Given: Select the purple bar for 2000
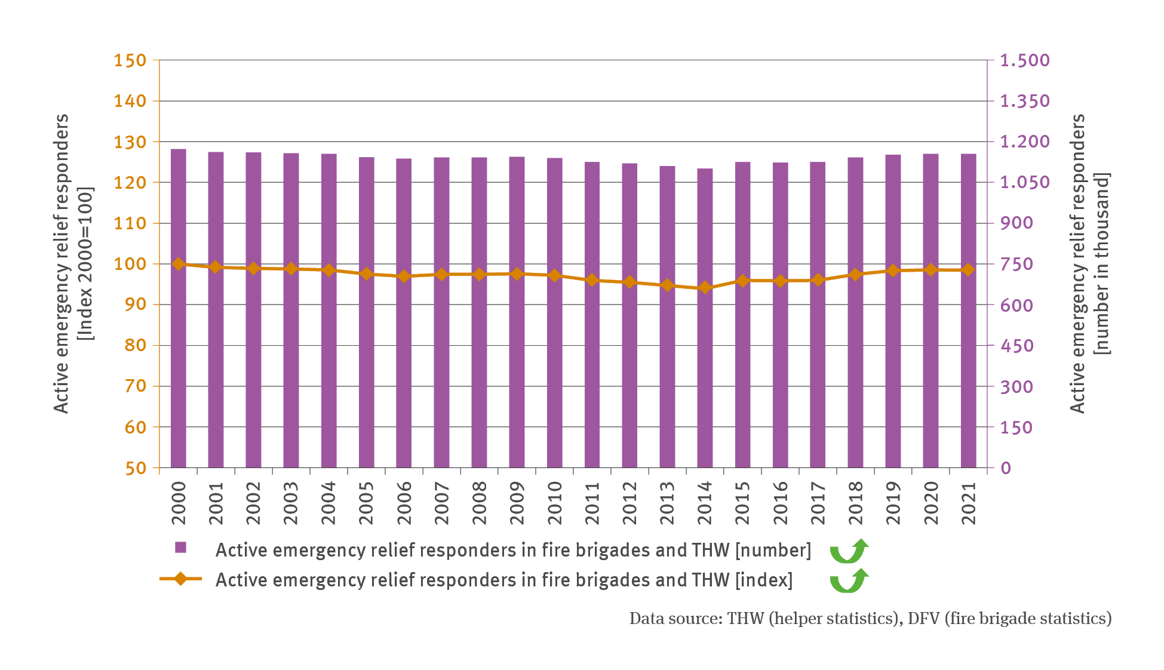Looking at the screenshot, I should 179,308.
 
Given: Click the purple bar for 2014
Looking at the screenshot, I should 705,318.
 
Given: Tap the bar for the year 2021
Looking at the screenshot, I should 968,311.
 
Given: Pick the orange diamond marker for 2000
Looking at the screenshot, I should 179,264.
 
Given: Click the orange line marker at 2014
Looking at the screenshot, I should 705,288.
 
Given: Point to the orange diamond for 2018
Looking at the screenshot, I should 855,275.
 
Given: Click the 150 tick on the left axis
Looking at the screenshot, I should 130,60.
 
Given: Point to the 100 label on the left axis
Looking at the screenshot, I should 130,264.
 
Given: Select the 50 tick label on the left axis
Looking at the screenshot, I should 136,468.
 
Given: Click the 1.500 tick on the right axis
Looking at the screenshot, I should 1025,60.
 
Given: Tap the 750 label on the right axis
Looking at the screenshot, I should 1016,264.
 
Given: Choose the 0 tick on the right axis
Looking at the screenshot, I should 1006,468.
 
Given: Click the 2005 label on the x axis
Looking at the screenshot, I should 366,503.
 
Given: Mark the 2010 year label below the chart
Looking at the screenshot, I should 554,503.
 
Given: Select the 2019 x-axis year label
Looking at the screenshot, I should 893,503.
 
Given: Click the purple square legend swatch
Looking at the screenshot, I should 180,548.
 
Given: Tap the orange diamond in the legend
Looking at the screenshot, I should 180,579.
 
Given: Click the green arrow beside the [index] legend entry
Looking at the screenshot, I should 849,580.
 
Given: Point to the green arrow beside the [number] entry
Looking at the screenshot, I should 849,551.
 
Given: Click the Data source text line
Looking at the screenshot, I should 870,619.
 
